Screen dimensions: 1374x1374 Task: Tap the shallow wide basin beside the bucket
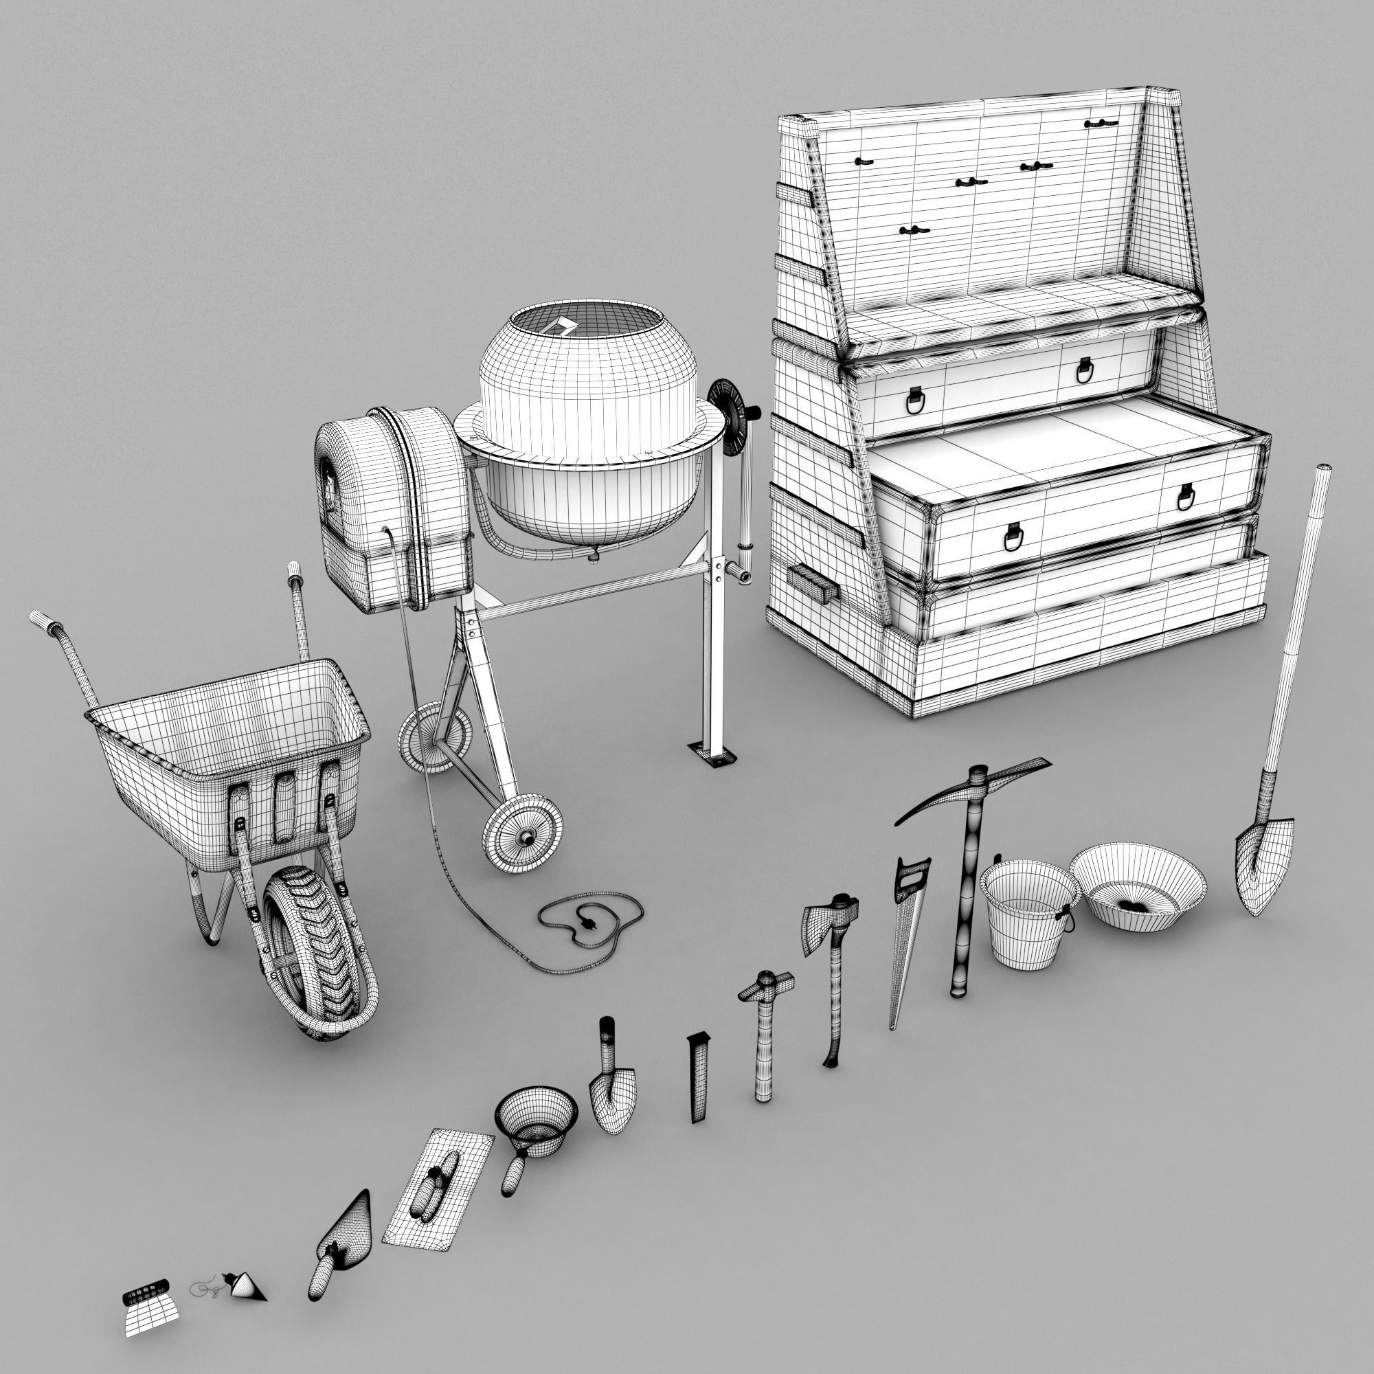1138,886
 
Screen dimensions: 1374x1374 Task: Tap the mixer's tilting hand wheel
732,412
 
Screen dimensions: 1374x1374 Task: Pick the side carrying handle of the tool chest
812,583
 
